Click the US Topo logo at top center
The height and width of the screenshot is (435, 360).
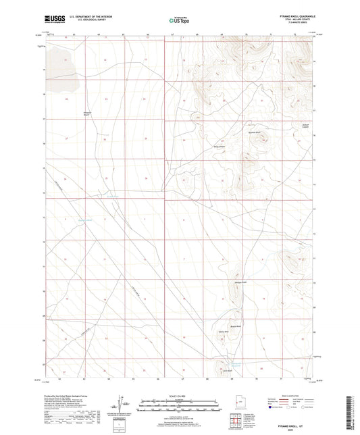point(179,21)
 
